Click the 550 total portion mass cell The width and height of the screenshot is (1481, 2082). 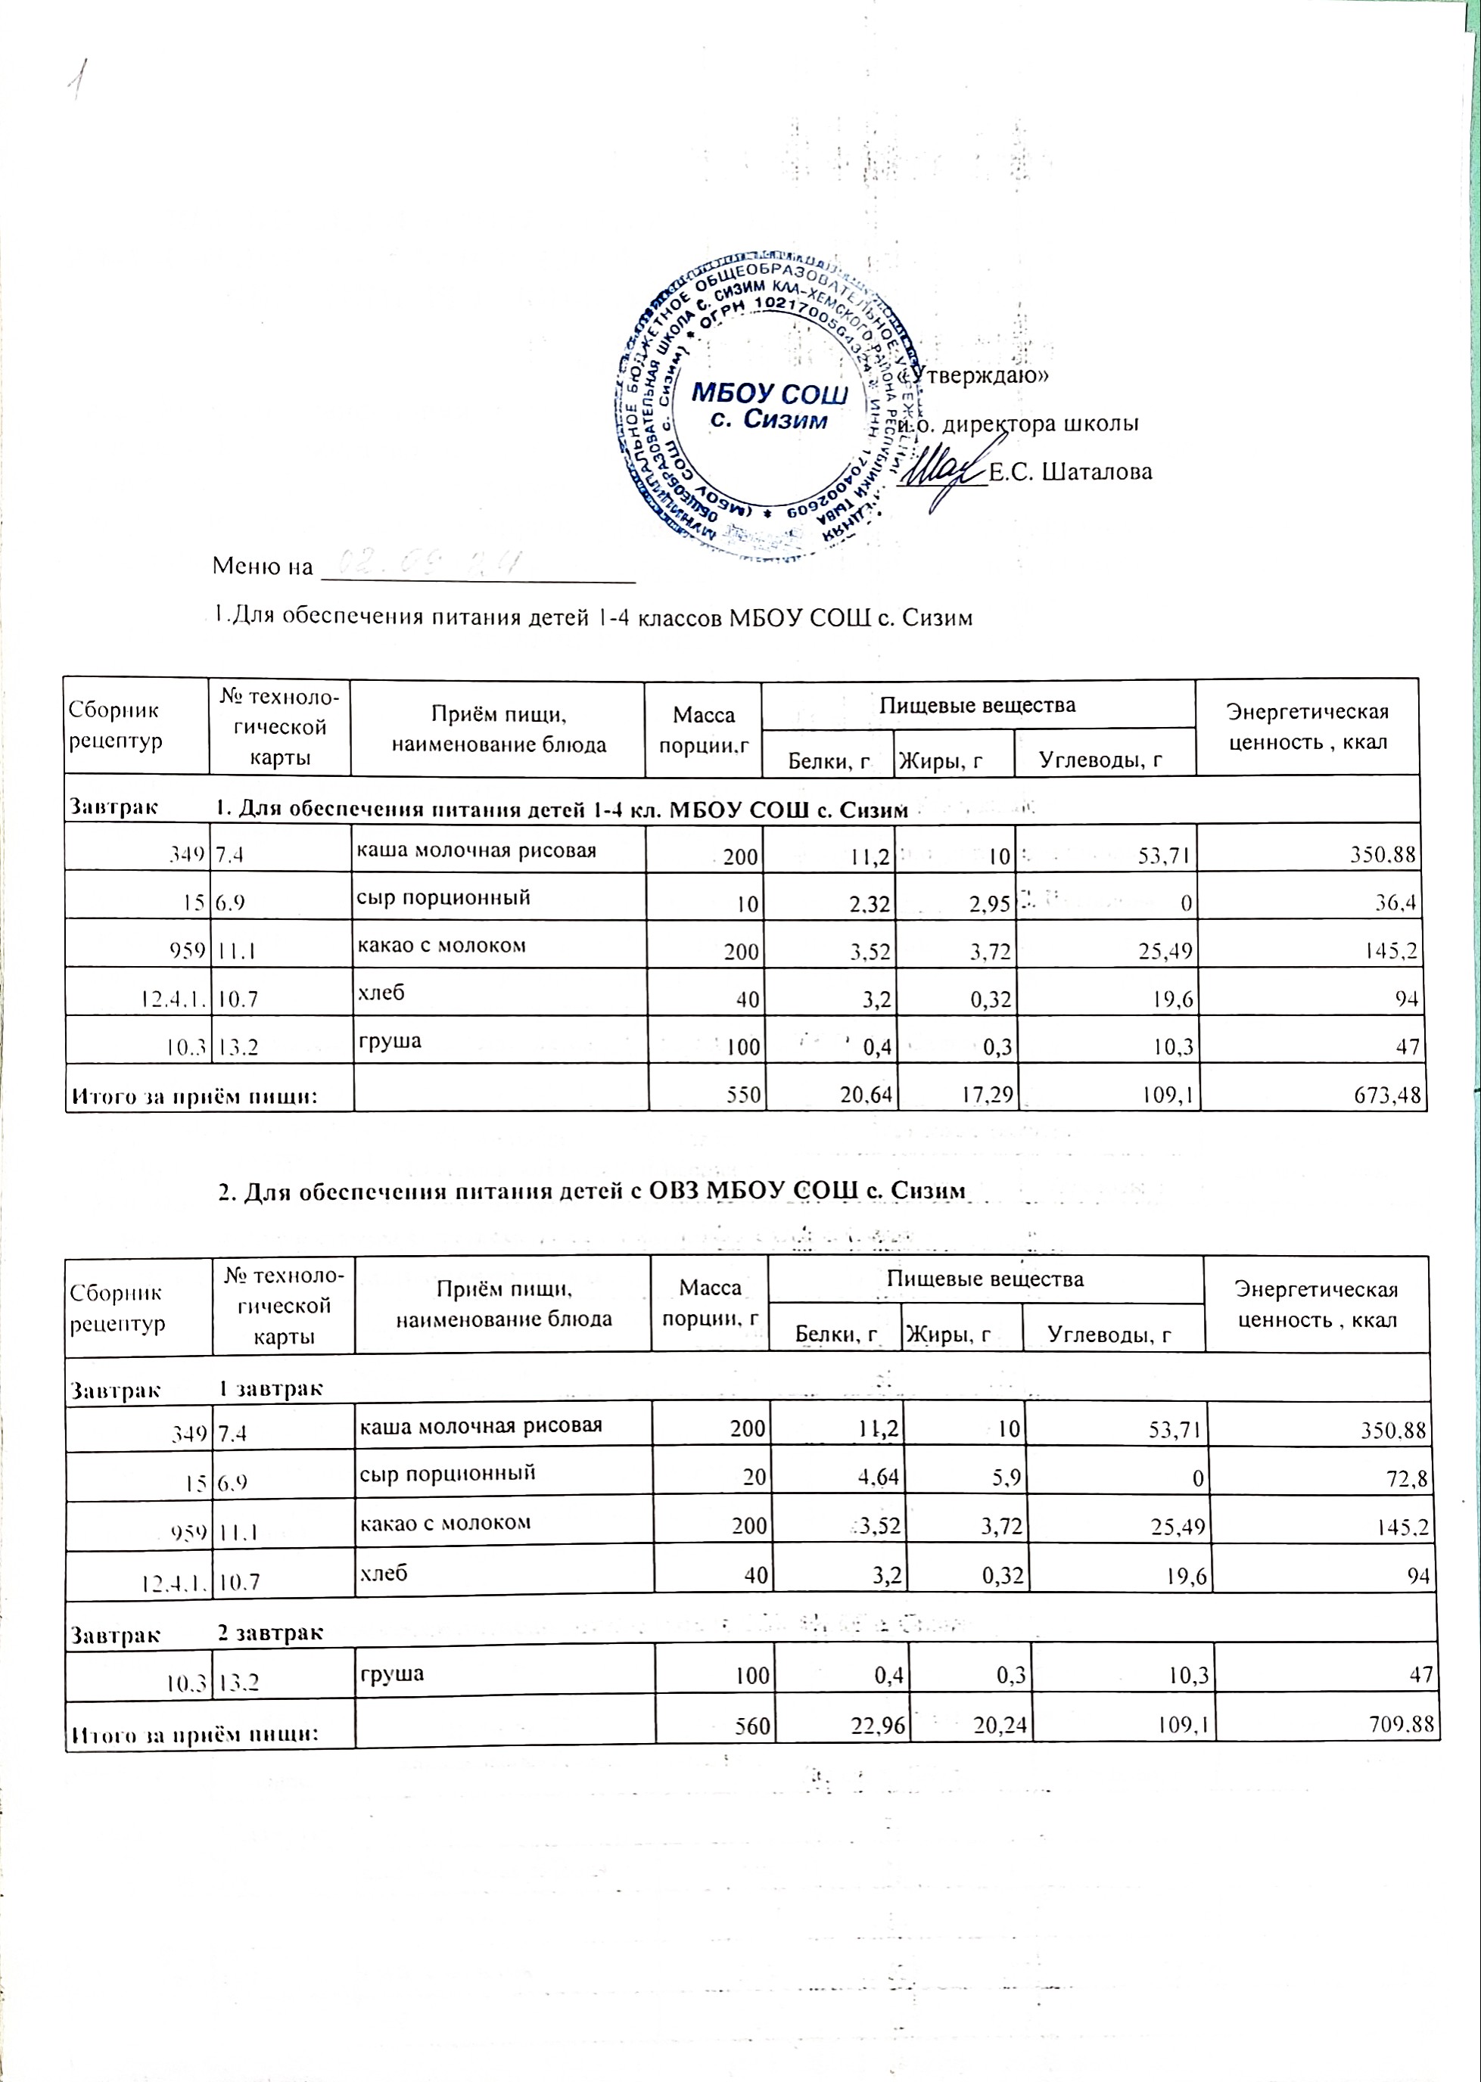744,1095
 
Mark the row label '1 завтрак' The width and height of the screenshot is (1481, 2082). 270,1388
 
